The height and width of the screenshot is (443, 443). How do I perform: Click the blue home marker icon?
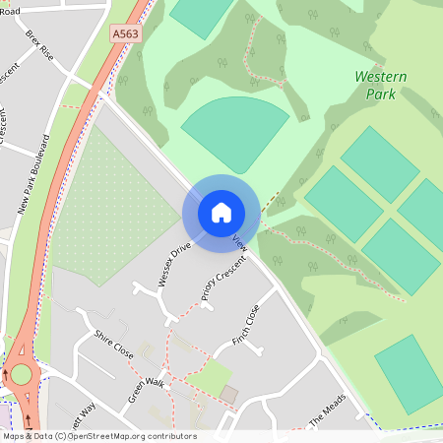[221, 213]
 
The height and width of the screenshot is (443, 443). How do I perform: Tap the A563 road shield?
[125, 32]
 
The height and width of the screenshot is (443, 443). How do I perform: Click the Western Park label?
[374, 85]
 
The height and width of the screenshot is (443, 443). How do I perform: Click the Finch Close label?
[245, 324]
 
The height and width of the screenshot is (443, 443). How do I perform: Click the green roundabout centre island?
[21, 374]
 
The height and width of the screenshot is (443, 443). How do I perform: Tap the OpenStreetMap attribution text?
[98, 436]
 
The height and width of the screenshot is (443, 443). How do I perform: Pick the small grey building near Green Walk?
[229, 395]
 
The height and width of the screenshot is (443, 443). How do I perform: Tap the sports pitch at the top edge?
[200, 14]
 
